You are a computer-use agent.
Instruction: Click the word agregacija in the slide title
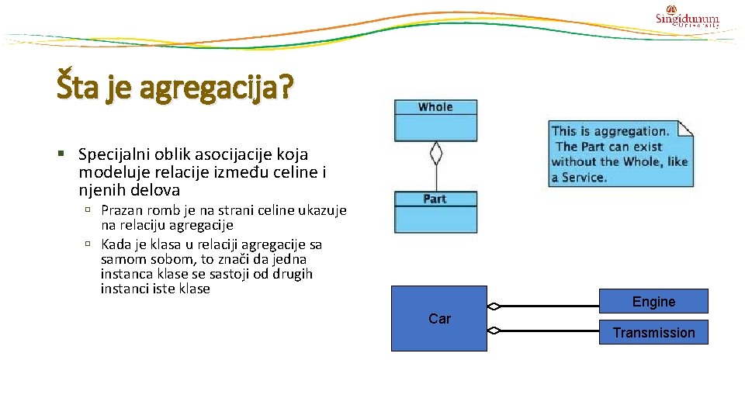point(218,87)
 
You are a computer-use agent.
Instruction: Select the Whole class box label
point(435,107)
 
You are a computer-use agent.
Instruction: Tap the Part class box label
point(435,199)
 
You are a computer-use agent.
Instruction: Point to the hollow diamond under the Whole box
point(436,153)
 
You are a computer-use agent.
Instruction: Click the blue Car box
point(439,318)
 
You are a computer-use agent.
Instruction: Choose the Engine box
point(653,301)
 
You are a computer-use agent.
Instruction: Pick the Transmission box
point(653,332)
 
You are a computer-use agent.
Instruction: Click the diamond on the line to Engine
point(494,306)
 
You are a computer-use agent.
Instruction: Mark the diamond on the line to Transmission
point(494,331)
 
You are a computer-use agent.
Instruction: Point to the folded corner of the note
point(686,128)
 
